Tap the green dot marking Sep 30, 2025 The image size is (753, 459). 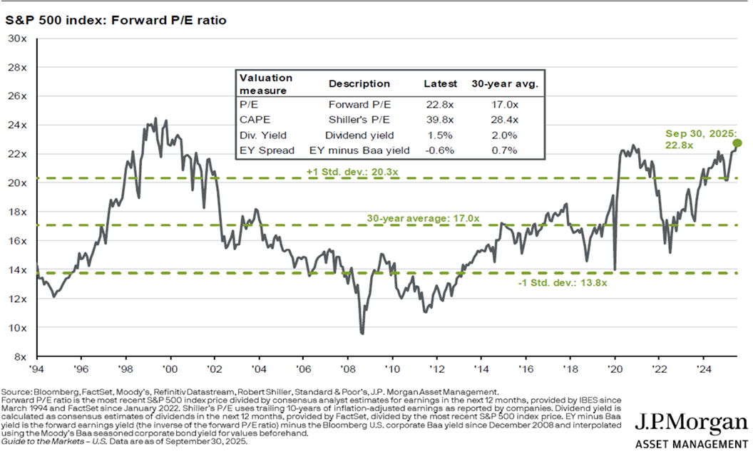pyautogui.click(x=737, y=143)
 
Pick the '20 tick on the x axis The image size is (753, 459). pyautogui.click(x=613, y=369)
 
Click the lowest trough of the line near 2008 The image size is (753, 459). pyautogui.click(x=362, y=332)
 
